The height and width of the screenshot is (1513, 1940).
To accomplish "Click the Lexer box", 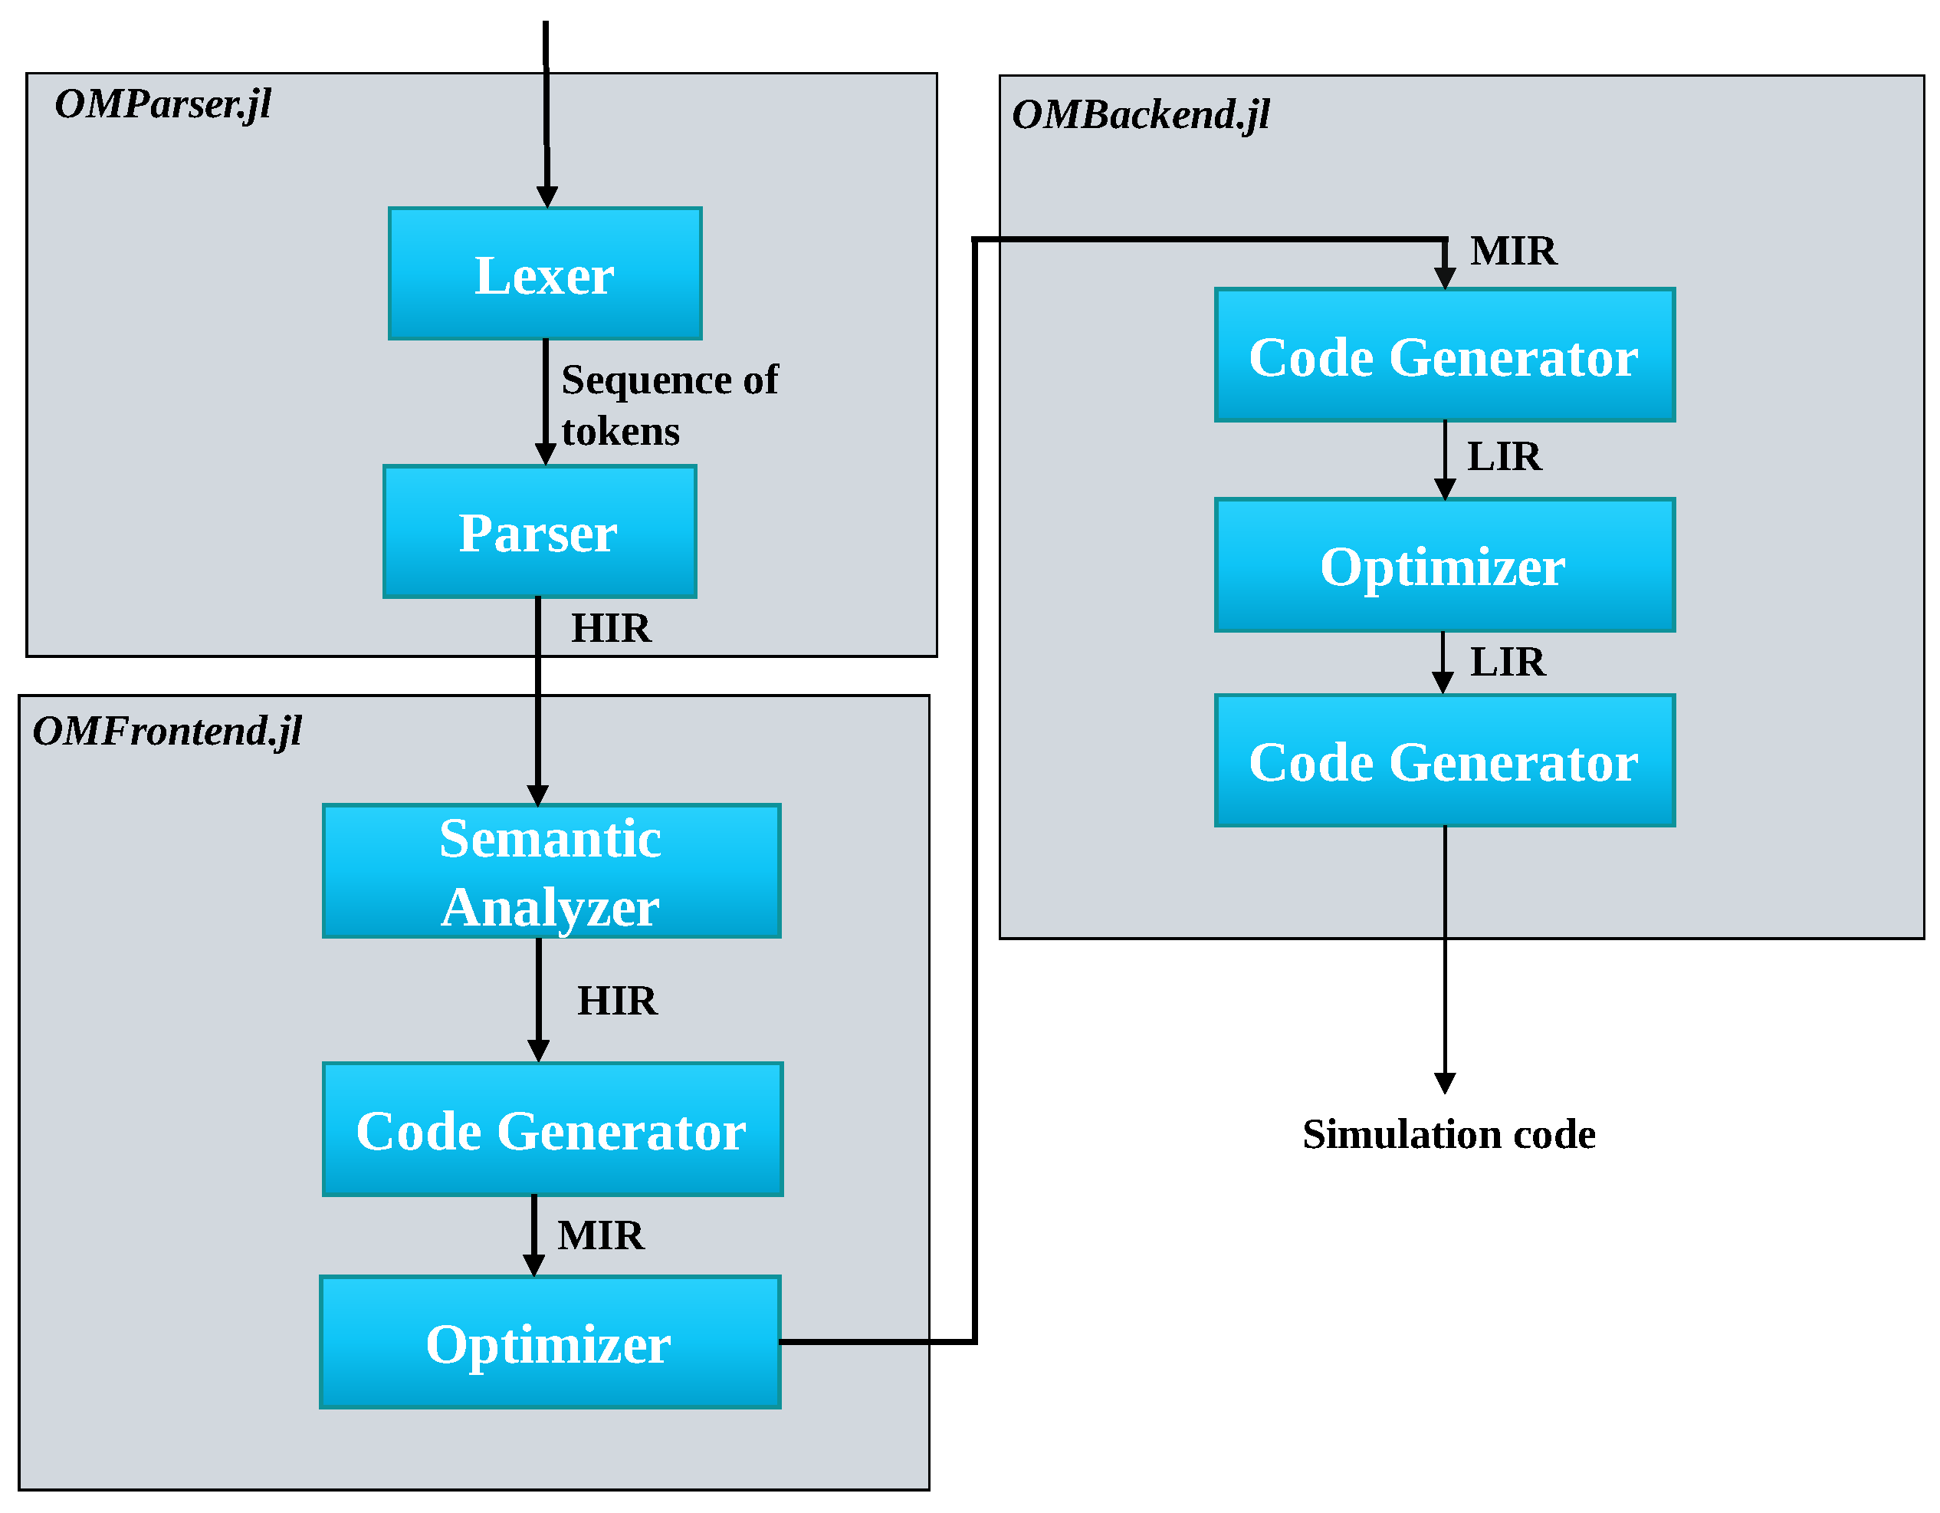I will tap(544, 274).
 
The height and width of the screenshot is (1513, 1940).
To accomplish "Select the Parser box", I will tap(539, 531).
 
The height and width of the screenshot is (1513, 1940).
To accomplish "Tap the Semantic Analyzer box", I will tap(551, 870).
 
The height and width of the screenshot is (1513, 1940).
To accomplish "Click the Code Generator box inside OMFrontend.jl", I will tap(552, 1130).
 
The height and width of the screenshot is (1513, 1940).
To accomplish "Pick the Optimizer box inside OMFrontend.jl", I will tap(550, 1343).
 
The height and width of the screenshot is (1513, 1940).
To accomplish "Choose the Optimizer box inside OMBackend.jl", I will tap(1444, 565).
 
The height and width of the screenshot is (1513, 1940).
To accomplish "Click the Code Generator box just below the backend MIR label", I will tap(1444, 355).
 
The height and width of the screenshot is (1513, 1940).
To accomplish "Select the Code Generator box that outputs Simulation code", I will tap(1444, 761).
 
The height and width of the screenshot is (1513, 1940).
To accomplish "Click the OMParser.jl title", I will tap(163, 104).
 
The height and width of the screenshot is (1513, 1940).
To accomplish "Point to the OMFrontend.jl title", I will tap(167, 731).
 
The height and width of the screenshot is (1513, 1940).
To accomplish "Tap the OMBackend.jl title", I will tap(1141, 114).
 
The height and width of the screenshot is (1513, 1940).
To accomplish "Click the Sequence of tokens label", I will tap(669, 404).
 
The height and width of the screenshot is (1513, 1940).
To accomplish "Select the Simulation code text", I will tap(1449, 1134).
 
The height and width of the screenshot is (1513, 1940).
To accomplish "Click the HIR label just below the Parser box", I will tap(611, 628).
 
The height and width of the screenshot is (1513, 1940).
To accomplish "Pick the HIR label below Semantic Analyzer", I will tap(617, 1001).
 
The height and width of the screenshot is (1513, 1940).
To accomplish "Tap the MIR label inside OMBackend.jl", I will tap(1513, 251).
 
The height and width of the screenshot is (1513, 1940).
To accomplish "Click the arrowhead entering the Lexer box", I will tap(547, 196).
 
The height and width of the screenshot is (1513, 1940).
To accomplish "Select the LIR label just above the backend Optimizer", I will tap(1504, 456).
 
